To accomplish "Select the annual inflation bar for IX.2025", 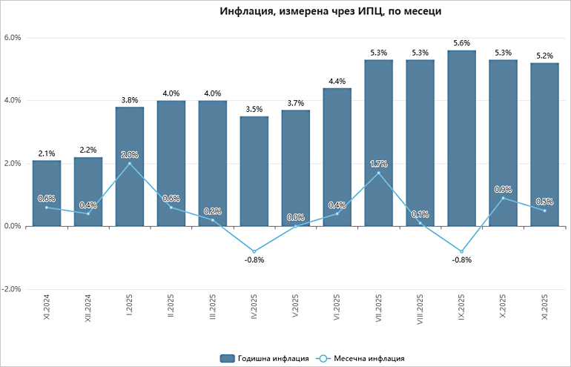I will [x=462, y=138].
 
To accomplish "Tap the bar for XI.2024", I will [x=47, y=193].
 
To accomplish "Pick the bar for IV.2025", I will [x=254, y=171].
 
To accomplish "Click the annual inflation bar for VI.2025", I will [x=337, y=156].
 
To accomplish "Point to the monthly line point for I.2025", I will [x=130, y=163].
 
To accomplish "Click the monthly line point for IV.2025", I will [x=254, y=251].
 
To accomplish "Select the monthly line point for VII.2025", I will [x=379, y=173].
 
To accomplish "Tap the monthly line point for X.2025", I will [x=504, y=198].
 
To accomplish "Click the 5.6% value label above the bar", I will [x=462, y=43].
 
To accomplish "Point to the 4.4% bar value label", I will [x=337, y=81].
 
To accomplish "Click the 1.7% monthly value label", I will [x=379, y=164].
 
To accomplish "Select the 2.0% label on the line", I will [x=130, y=154].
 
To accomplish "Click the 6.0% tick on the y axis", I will [x=13, y=38].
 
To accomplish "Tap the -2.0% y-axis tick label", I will [x=12, y=289].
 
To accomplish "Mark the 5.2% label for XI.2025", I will [x=545, y=56].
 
